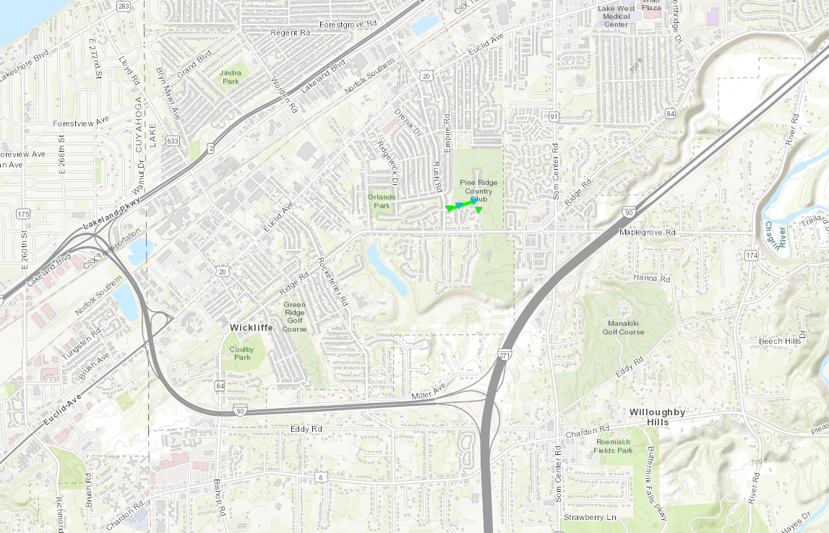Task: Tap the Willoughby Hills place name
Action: point(657,417)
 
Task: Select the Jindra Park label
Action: point(230,77)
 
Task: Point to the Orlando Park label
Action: point(382,201)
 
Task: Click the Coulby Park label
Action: point(242,352)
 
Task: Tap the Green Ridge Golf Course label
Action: point(294,316)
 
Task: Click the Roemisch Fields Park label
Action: point(614,446)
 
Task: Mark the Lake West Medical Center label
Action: point(616,17)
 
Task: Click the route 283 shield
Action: point(123,6)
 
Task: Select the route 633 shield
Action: point(172,142)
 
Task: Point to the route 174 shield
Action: point(752,256)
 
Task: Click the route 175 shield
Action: point(23,214)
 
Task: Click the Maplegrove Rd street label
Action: point(647,233)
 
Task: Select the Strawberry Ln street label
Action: point(590,518)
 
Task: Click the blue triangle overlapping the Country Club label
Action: point(459,207)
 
